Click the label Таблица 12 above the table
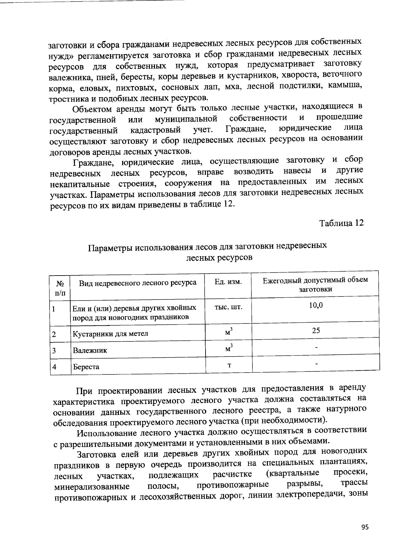(x=342, y=223)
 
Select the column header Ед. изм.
(x=228, y=282)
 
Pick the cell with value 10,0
(x=316, y=305)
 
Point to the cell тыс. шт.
(x=228, y=307)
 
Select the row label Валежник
(x=90, y=350)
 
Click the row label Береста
(x=86, y=367)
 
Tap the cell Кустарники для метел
(x=110, y=334)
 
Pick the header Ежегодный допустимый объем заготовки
(x=315, y=284)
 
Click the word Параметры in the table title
(x=111, y=247)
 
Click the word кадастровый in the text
(x=155, y=131)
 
